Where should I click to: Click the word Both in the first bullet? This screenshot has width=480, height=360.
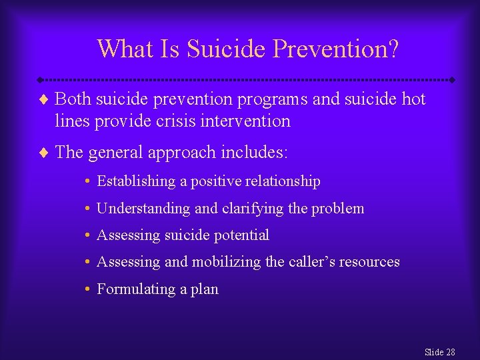pyautogui.click(x=73, y=100)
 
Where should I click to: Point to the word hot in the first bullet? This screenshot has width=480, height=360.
pyautogui.click(x=413, y=100)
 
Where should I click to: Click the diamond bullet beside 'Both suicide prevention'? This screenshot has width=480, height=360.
pyautogui.click(x=44, y=101)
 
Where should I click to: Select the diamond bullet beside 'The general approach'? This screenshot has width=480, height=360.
pyautogui.click(x=44, y=153)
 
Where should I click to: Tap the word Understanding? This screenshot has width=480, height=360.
pyautogui.click(x=143, y=209)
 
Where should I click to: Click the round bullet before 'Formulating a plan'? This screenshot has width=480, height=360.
pyautogui.click(x=88, y=289)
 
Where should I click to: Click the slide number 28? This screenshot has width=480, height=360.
pyautogui.click(x=451, y=352)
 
